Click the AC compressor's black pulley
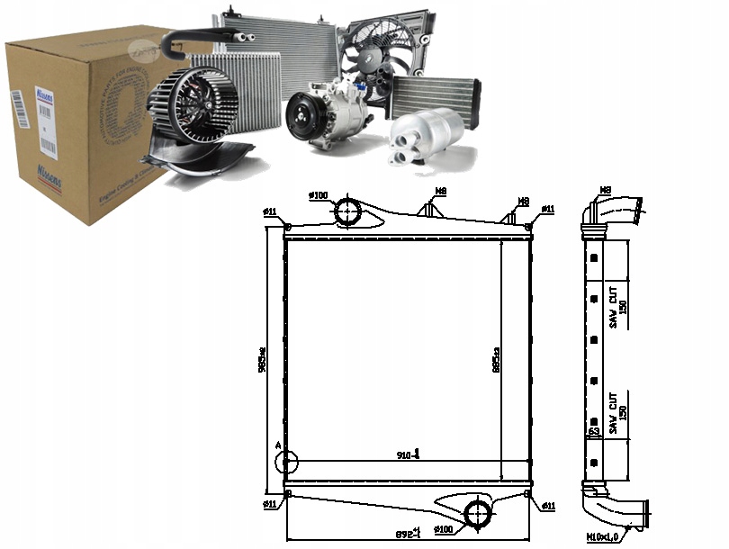tap(301, 118)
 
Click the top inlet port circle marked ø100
tap(347, 212)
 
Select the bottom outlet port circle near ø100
tap(478, 514)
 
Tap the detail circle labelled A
tap(285, 462)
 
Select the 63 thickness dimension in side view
tap(594, 432)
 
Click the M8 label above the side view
tap(605, 190)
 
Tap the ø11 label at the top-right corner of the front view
tap(548, 209)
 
